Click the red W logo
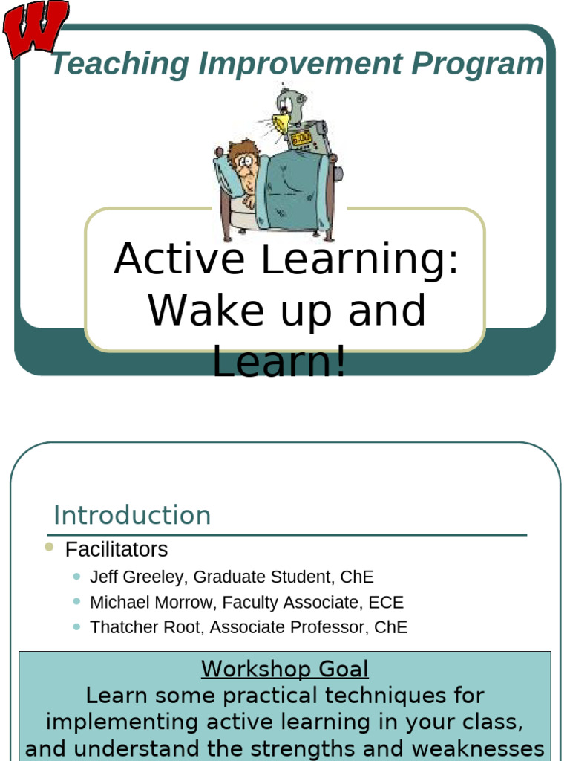pos(35,28)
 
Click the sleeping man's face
pos(246,168)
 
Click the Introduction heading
pos(132,515)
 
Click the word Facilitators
pos(117,550)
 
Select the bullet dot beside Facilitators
pos(49,548)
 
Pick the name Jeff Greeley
pos(139,577)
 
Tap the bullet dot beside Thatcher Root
pos(76,626)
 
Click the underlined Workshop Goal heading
pos(285,669)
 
